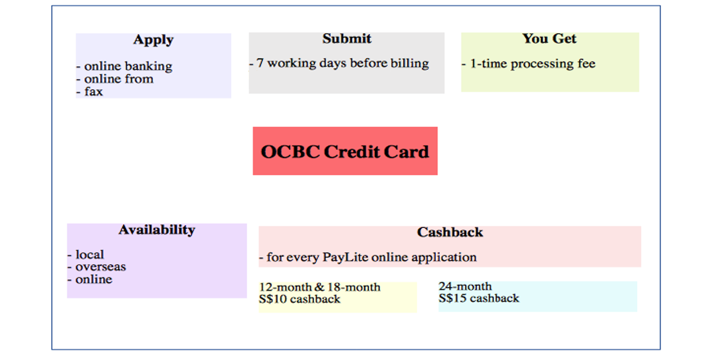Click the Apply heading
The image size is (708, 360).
pyautogui.click(x=153, y=40)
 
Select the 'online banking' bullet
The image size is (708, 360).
pyautogui.click(x=128, y=66)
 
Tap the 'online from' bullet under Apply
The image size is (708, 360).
pyautogui.click(x=118, y=79)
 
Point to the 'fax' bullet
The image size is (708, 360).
pyautogui.click(x=93, y=91)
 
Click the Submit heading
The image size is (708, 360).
pyautogui.click(x=346, y=39)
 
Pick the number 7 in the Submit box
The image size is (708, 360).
pyautogui.click(x=260, y=63)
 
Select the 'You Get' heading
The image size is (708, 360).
pyautogui.click(x=549, y=39)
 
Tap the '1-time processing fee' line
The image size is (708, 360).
pyautogui.click(x=532, y=64)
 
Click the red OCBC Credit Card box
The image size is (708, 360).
pyautogui.click(x=345, y=151)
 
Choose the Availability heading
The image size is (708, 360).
pyautogui.click(x=157, y=230)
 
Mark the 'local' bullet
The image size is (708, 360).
pyautogui.click(x=89, y=254)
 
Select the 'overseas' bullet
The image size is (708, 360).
pyautogui.click(x=100, y=267)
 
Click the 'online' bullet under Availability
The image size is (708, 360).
pyautogui.click(x=93, y=279)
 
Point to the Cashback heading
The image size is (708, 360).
pyautogui.click(x=450, y=232)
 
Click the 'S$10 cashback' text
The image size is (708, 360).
pyautogui.click(x=299, y=300)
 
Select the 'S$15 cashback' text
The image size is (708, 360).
pyautogui.click(x=479, y=298)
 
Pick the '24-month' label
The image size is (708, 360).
pyautogui.click(x=465, y=286)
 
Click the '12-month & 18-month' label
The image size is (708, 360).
pyautogui.click(x=320, y=287)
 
